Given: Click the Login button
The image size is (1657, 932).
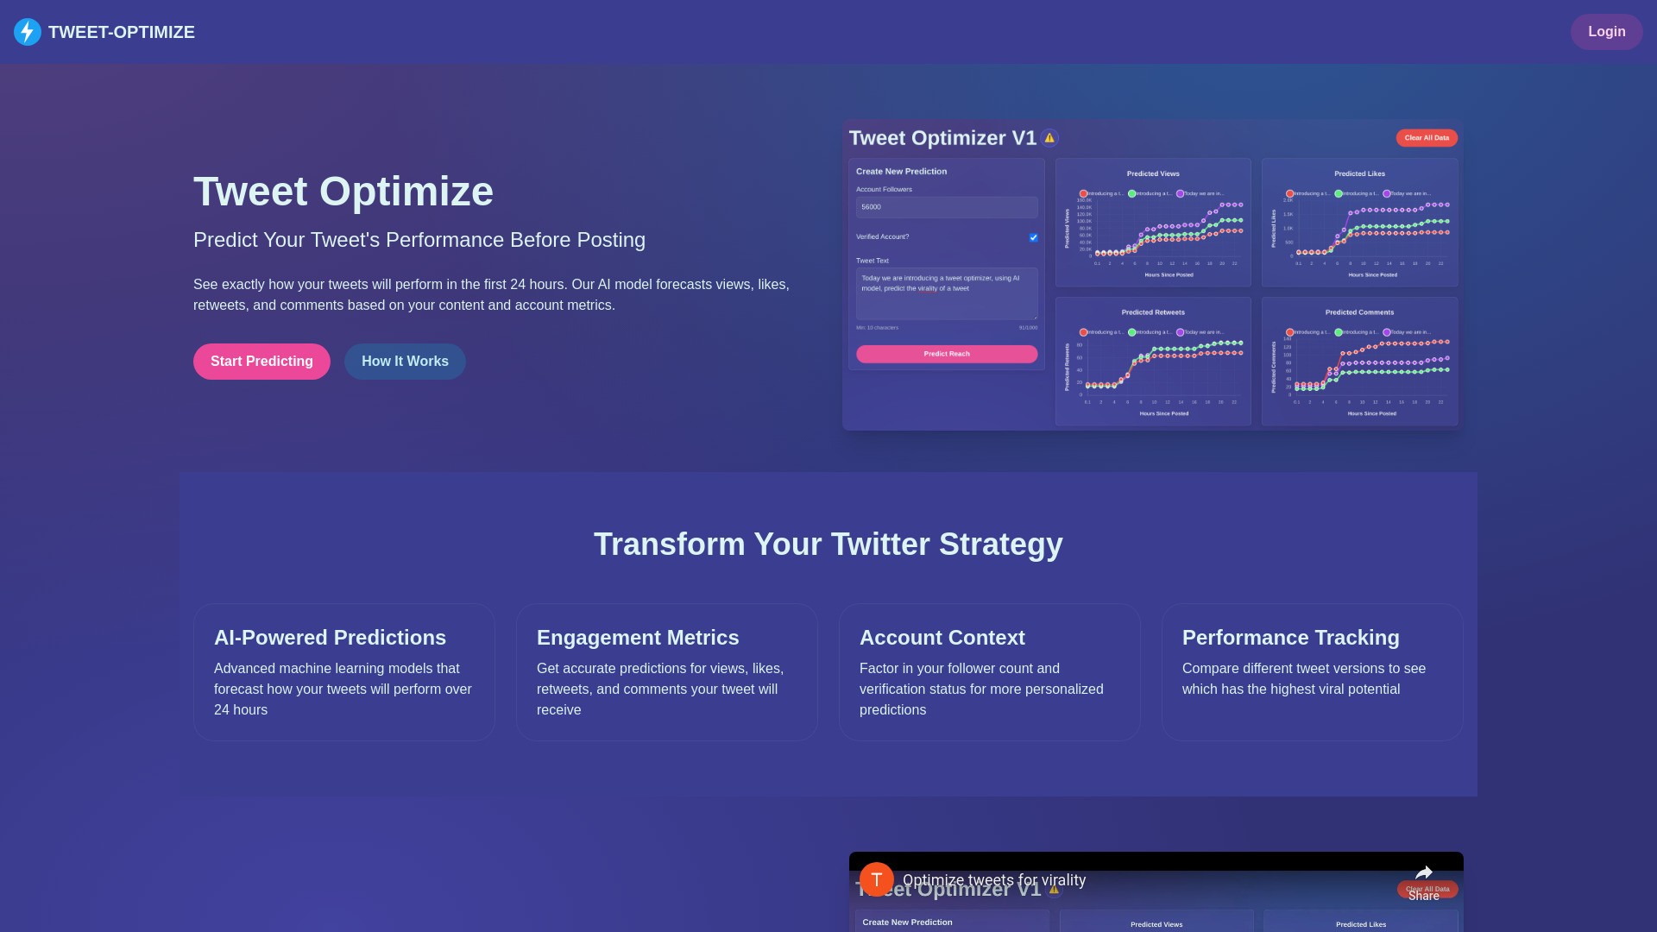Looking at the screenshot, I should coord(1606,32).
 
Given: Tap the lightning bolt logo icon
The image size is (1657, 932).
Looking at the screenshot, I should coord(28,32).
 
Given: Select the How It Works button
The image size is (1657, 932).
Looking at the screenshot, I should coord(405,362).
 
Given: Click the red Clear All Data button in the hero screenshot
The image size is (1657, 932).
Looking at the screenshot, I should coord(1427,138).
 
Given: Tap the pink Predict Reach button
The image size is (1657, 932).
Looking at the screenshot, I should coord(947,354).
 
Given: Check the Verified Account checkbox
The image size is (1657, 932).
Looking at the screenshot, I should coord(1033,237).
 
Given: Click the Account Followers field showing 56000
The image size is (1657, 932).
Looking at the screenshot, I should coord(947,207).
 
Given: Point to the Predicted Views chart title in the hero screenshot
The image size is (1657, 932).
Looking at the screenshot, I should coord(1153,173).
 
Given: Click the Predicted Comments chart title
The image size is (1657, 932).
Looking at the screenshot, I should coord(1359,312).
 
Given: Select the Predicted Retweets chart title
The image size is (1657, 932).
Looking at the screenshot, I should coord(1153,312).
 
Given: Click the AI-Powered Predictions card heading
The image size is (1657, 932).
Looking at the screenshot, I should coord(330,638).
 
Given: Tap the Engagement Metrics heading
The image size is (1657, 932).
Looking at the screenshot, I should coord(638,638).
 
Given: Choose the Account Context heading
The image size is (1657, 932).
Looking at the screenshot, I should coord(942,638).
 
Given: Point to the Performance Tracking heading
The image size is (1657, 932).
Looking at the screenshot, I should coord(1290,638).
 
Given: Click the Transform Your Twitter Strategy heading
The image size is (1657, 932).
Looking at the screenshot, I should coord(828,545).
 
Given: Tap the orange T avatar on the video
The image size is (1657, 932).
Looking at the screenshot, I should coord(876,879).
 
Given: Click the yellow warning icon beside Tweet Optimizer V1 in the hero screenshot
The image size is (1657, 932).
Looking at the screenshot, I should coord(1049,138).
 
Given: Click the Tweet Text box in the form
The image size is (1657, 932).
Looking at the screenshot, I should coord(947,293).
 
